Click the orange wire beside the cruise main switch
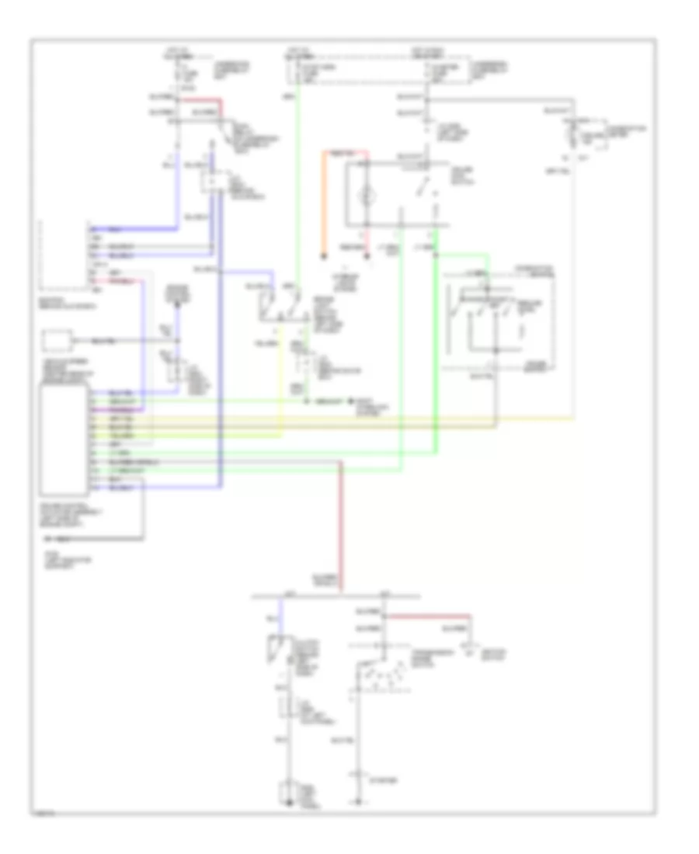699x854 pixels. coord(324,202)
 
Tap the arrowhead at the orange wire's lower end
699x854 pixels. coord(324,253)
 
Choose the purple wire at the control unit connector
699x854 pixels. coord(116,407)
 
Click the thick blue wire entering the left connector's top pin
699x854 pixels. coord(132,229)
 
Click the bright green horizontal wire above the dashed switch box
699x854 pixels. coord(462,253)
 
